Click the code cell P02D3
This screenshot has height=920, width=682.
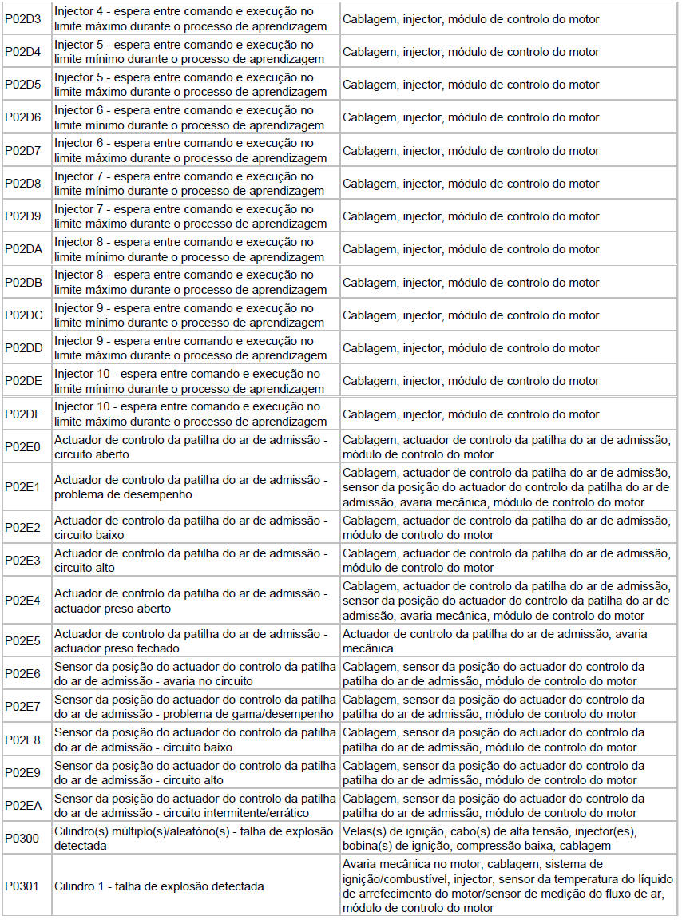click(23, 19)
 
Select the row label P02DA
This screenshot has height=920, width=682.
click(23, 249)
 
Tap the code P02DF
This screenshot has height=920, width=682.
click(23, 414)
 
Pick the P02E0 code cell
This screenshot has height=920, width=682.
click(22, 446)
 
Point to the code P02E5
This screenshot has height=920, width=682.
click(22, 641)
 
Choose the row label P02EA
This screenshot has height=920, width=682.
click(23, 805)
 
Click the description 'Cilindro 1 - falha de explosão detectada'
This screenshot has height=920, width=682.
click(159, 886)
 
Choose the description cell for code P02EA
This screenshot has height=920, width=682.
click(195, 805)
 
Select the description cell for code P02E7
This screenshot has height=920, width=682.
click(195, 707)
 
